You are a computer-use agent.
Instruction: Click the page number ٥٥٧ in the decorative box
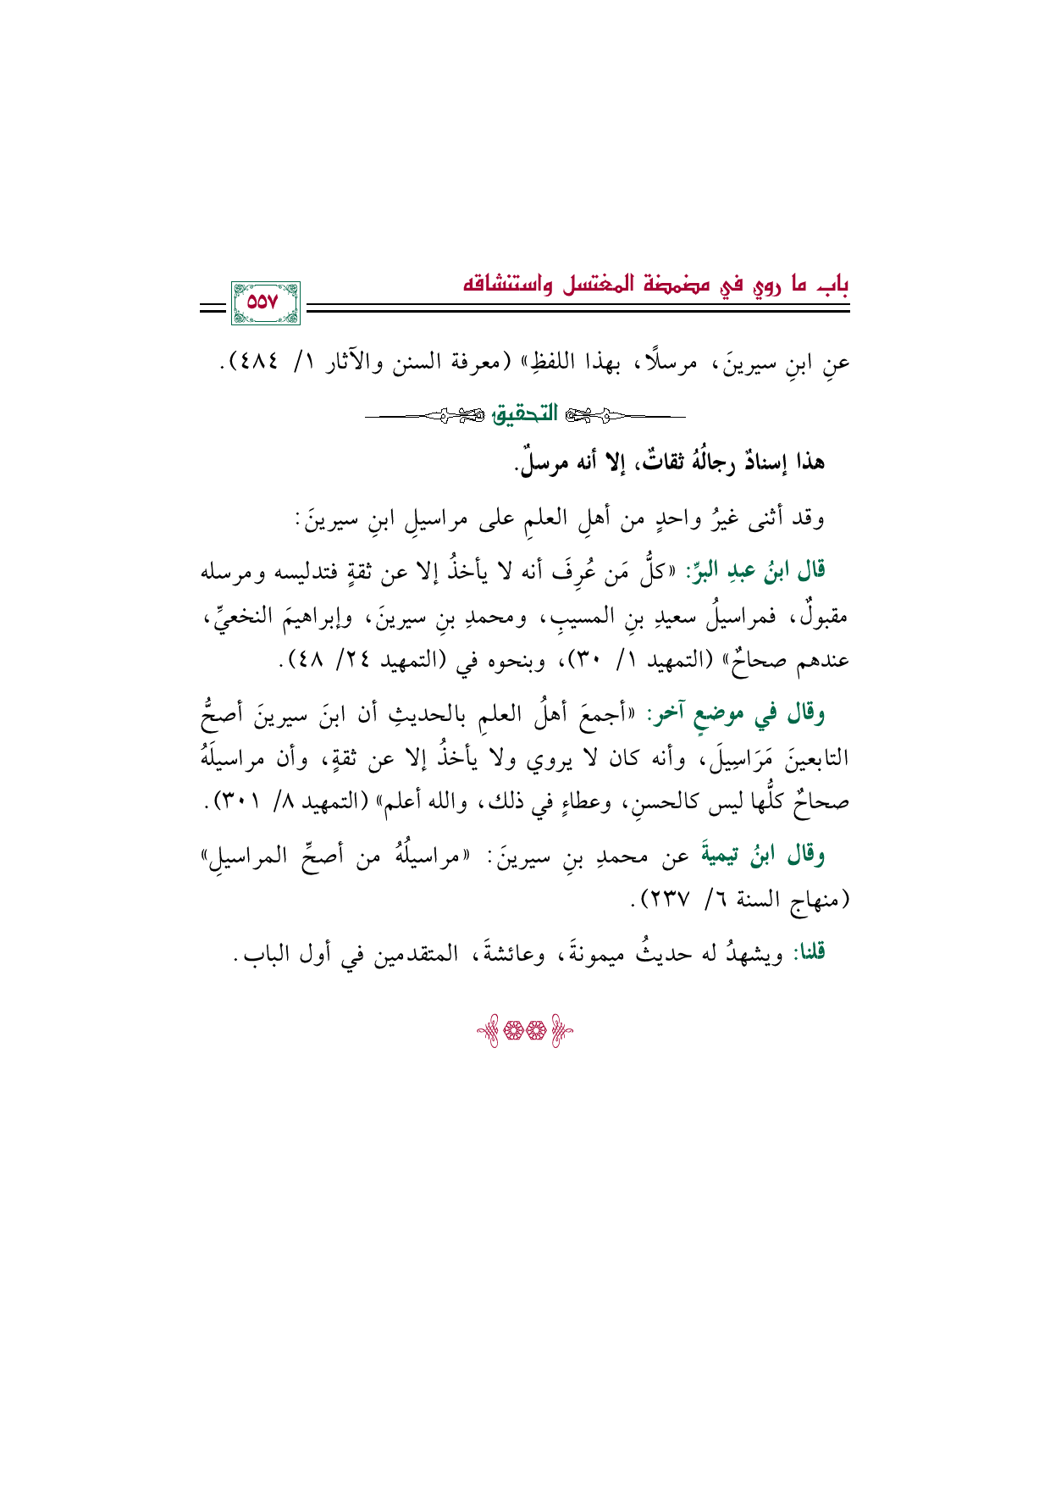(x=266, y=302)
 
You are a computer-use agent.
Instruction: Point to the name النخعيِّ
(x=240, y=616)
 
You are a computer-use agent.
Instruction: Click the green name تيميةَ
(x=720, y=856)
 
